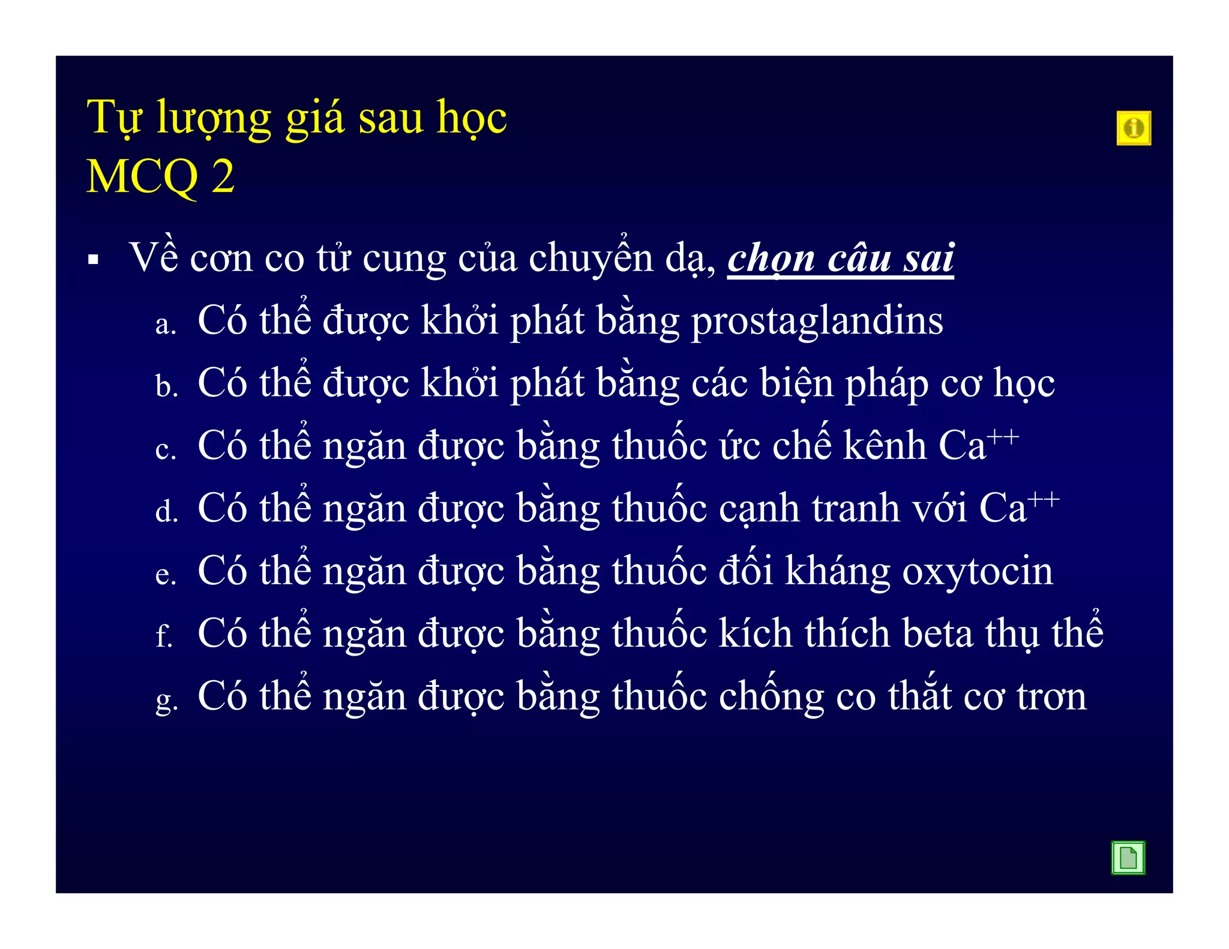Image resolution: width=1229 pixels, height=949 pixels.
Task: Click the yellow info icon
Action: (1133, 128)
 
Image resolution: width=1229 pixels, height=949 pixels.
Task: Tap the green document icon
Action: (1128, 857)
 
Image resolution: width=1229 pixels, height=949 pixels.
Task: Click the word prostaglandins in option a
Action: (817, 322)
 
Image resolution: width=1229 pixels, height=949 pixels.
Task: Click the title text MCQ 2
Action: (160, 177)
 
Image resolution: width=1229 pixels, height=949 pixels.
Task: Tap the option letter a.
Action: (165, 325)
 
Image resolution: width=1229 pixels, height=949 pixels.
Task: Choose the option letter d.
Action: (166, 512)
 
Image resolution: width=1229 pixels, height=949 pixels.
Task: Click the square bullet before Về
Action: (93, 260)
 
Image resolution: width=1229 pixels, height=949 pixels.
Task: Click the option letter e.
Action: (165, 575)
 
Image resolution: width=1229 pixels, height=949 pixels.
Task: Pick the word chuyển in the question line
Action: (590, 258)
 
